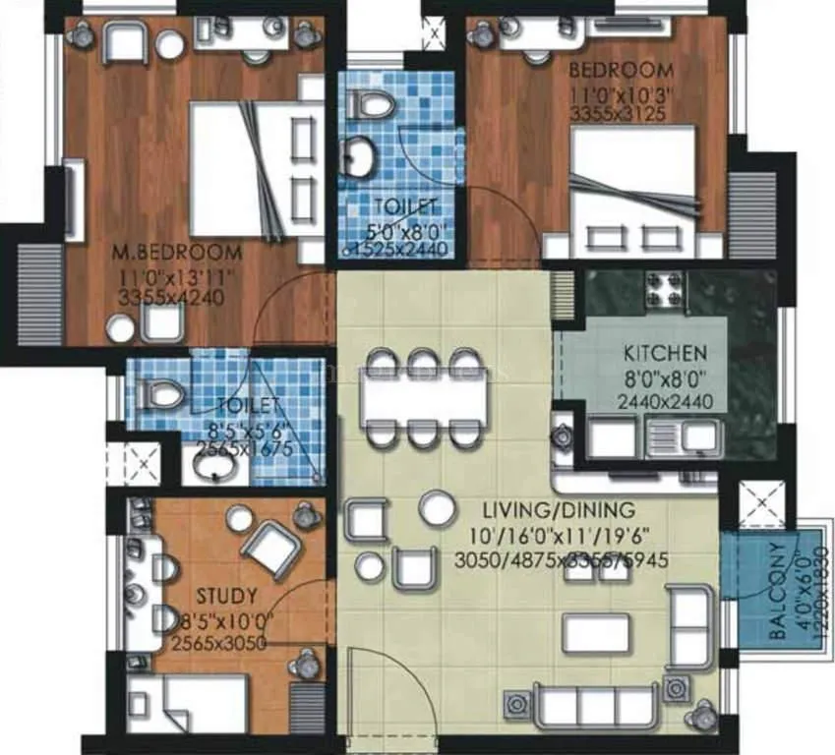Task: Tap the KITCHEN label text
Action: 665,353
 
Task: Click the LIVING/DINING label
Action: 559,511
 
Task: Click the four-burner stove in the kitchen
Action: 664,287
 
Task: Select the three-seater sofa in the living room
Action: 598,706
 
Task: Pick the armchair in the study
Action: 268,546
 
